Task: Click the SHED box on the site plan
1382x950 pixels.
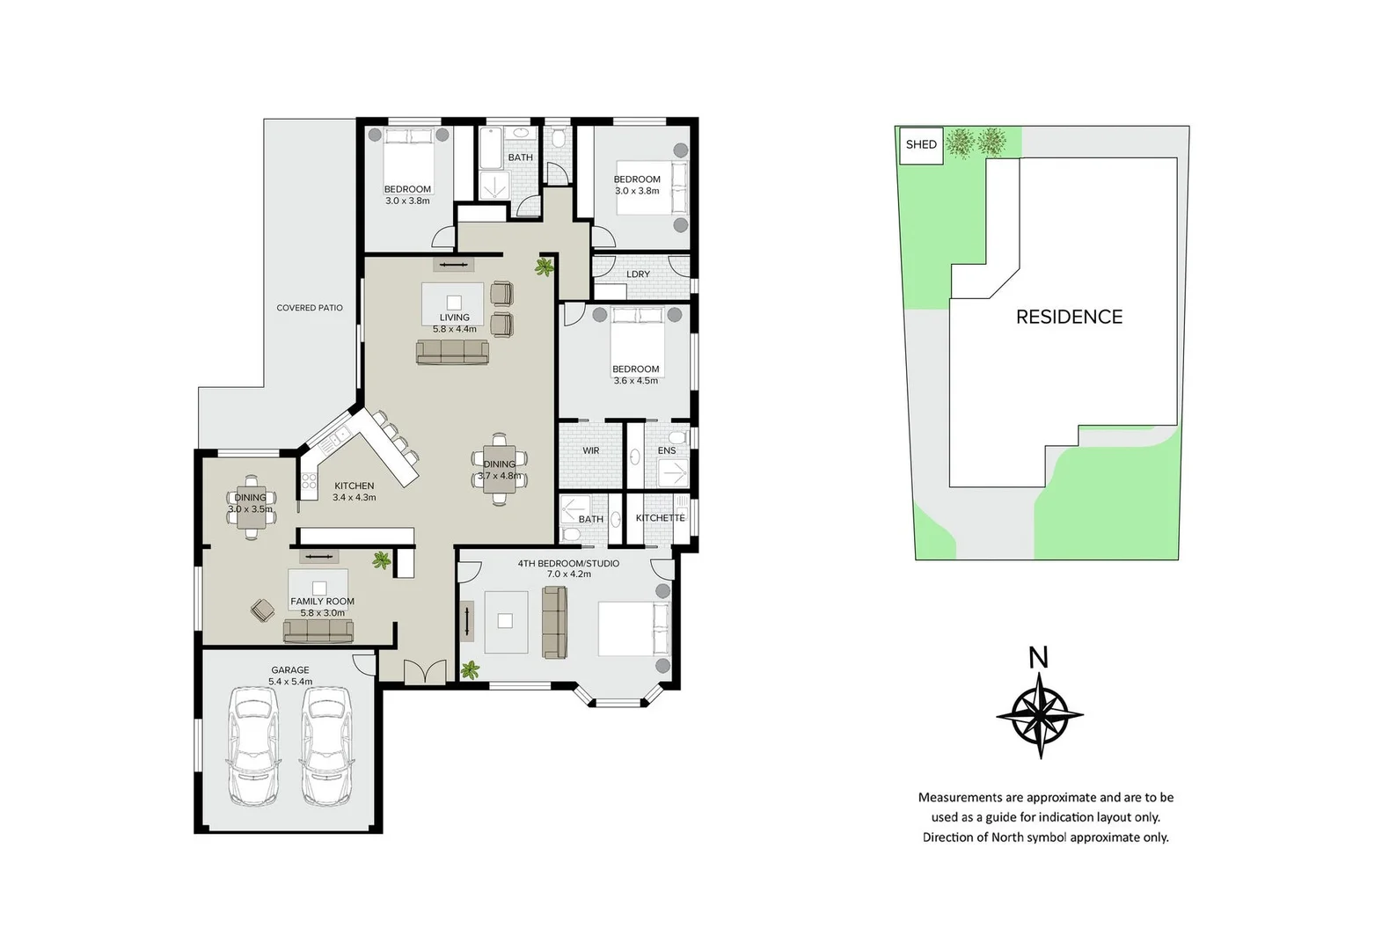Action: click(921, 144)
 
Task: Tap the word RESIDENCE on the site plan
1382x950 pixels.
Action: click(1069, 317)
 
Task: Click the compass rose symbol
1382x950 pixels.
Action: click(1040, 716)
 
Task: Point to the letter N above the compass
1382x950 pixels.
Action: click(1039, 658)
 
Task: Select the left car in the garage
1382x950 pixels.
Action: click(253, 746)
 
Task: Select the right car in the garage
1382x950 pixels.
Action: click(326, 746)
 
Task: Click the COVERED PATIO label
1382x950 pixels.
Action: click(310, 308)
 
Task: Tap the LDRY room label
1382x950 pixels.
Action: click(638, 274)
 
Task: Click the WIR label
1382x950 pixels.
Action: click(591, 450)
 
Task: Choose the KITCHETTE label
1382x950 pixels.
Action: click(660, 518)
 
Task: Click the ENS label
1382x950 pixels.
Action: click(667, 450)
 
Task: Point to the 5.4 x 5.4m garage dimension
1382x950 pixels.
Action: click(290, 682)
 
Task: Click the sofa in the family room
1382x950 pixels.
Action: click(318, 631)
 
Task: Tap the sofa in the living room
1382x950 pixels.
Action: click(452, 353)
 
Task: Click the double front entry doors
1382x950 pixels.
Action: click(426, 673)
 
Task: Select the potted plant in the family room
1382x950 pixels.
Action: click(382, 559)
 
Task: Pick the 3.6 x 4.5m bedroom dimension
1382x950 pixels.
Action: click(635, 381)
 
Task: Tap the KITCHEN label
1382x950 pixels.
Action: click(355, 486)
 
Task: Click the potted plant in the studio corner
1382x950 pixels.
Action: click(471, 670)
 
